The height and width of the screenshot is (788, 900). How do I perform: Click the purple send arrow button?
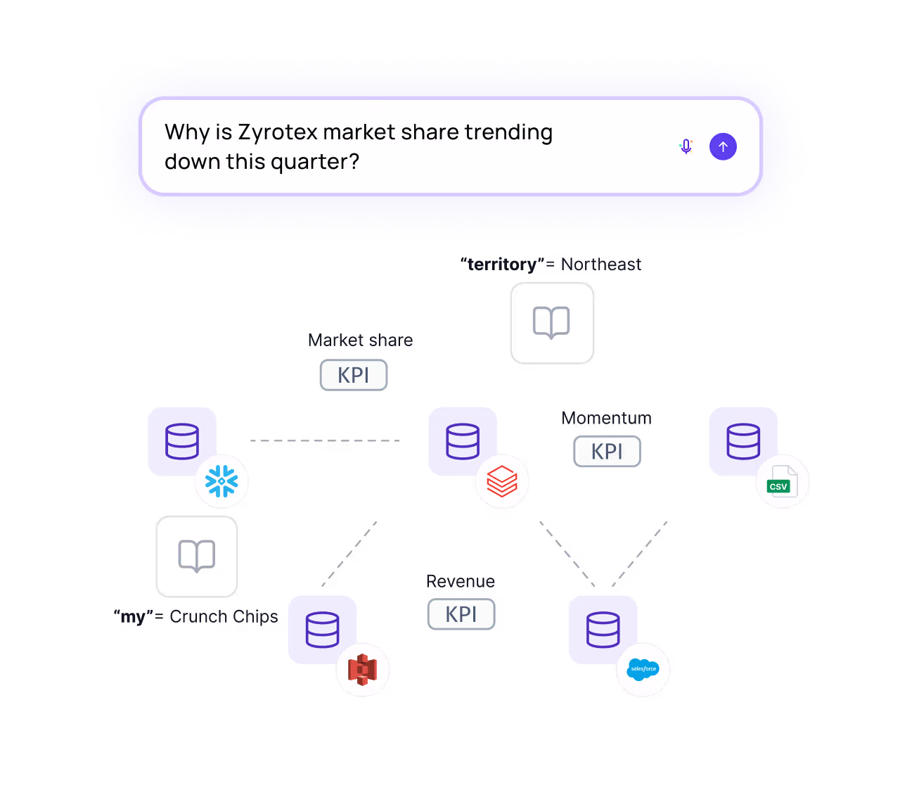coord(723,147)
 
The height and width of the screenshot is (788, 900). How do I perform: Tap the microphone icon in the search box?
coord(686,147)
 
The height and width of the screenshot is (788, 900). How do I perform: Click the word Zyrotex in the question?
coord(277,132)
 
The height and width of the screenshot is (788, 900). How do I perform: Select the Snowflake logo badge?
coord(221,482)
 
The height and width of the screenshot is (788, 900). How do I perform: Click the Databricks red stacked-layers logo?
coord(502,482)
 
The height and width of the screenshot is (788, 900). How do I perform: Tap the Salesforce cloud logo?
coord(643,669)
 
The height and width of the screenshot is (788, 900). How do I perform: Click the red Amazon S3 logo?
coord(362,669)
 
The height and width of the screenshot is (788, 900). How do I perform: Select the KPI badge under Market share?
coord(354,375)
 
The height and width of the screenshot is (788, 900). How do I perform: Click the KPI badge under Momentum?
coord(607,451)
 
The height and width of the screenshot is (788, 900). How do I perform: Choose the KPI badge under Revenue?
coord(461,614)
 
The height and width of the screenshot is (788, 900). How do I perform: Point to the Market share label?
coord(360,341)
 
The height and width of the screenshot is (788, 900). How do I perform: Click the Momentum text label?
coord(607,418)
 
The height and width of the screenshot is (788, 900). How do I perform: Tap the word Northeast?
coord(601,265)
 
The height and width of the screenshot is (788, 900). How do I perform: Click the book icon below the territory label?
coord(552,323)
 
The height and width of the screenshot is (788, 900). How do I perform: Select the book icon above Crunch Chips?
coord(197,556)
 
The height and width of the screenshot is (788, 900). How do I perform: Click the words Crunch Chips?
coord(224,616)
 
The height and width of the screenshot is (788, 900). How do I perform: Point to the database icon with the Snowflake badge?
coord(182,441)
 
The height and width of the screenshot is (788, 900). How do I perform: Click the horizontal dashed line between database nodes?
coord(325,441)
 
